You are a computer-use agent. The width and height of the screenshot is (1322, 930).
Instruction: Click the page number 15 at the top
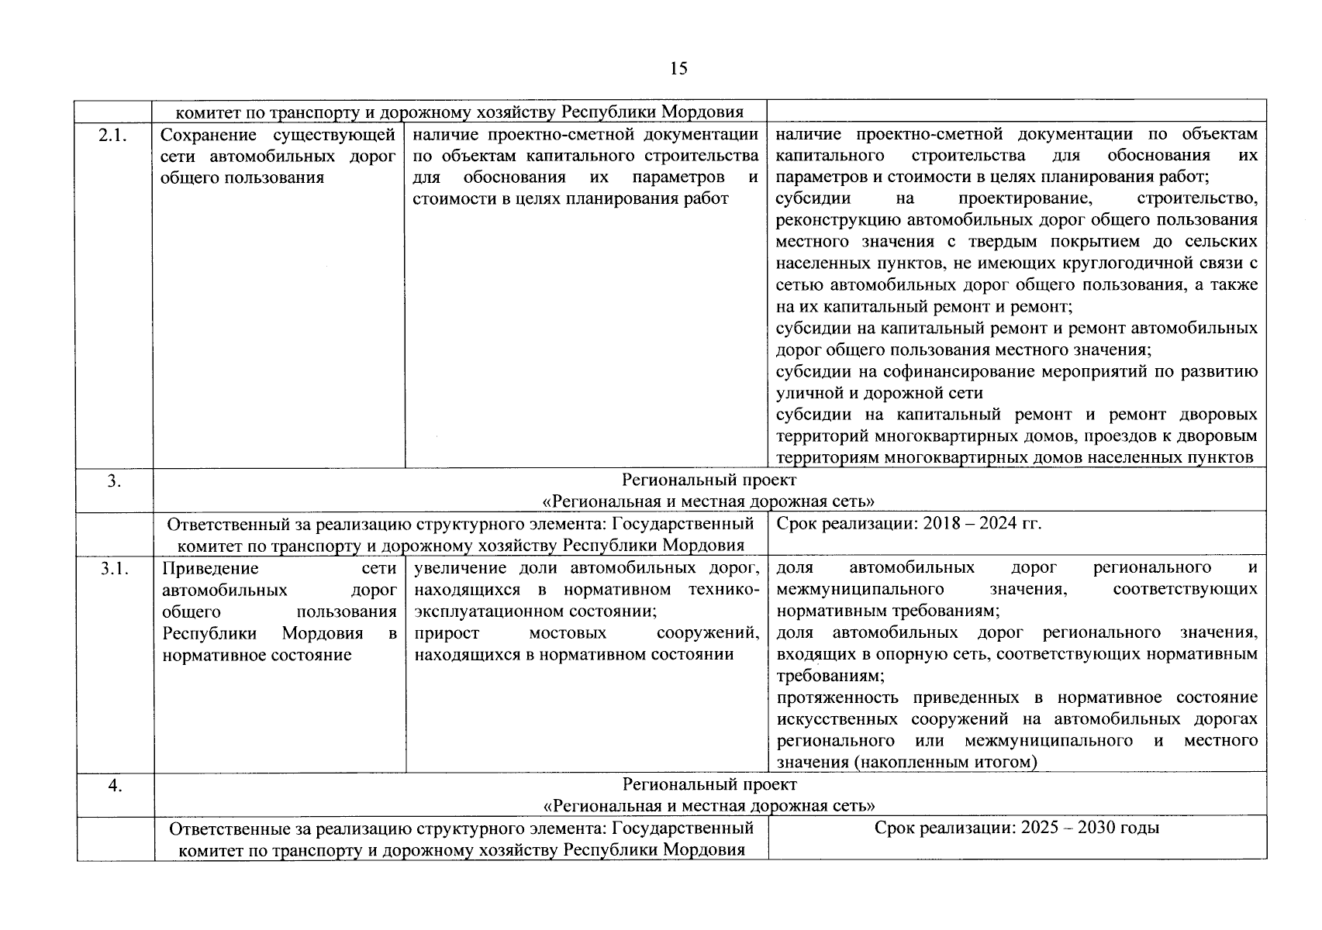[x=678, y=69]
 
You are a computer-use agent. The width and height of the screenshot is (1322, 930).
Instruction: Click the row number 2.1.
[x=113, y=135]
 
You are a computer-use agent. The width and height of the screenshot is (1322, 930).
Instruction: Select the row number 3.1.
[x=113, y=568]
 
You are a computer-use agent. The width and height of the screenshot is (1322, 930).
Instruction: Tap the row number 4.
[x=114, y=785]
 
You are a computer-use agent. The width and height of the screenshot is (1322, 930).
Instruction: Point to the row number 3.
[x=114, y=481]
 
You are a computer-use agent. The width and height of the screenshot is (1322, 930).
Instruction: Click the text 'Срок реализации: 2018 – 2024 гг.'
[x=908, y=524]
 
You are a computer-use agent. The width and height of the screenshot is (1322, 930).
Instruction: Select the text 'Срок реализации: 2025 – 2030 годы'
[x=1017, y=828]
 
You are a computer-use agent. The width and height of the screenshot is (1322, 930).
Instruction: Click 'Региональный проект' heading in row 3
[x=709, y=481]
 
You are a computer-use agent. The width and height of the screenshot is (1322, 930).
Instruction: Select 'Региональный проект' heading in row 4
[x=709, y=785]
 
